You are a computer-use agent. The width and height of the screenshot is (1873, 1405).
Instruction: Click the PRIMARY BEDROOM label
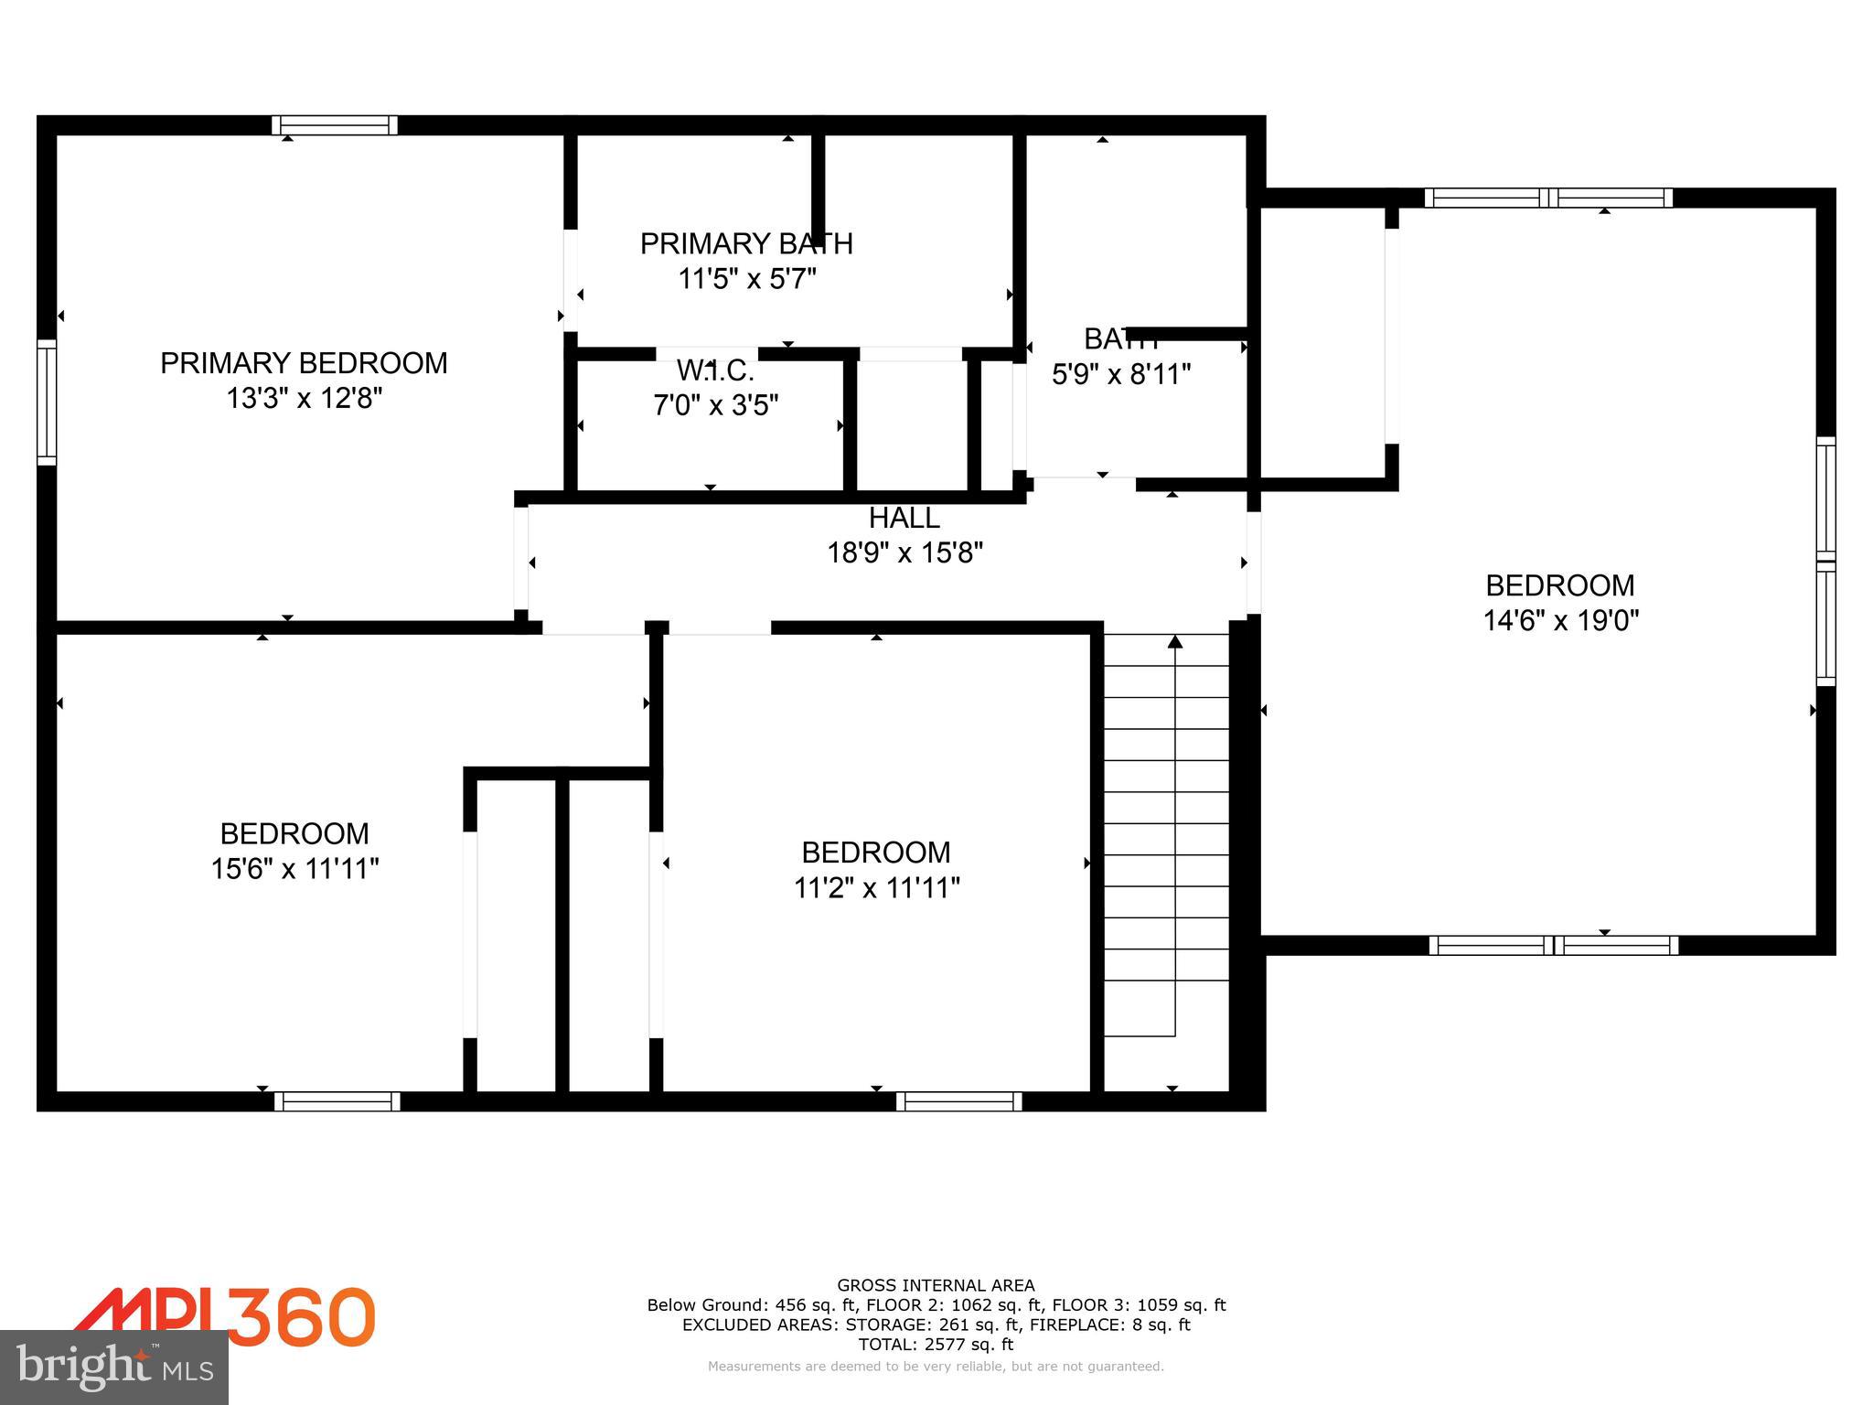(x=304, y=363)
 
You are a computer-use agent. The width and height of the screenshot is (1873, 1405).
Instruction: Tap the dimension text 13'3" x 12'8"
(x=304, y=399)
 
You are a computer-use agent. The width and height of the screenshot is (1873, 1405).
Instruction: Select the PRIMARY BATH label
(x=746, y=243)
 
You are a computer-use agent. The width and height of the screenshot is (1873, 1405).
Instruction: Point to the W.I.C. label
(x=715, y=370)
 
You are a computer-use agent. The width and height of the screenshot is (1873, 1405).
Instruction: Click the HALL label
(x=904, y=518)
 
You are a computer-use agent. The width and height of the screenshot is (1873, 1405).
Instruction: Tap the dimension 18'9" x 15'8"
(x=904, y=552)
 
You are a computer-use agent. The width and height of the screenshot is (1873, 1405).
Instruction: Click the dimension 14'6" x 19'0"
(x=1560, y=621)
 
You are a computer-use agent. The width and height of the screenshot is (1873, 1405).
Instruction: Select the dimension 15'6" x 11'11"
(x=294, y=868)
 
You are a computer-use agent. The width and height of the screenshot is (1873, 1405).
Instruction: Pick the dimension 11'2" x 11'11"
(x=876, y=887)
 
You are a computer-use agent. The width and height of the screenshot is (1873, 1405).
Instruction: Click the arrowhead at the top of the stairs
(x=1175, y=642)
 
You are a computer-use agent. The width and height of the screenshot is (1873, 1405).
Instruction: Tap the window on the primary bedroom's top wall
(x=335, y=125)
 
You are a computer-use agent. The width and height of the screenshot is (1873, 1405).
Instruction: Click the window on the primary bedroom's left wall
(x=47, y=402)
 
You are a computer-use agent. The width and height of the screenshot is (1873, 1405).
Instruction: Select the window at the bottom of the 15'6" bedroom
(x=337, y=1101)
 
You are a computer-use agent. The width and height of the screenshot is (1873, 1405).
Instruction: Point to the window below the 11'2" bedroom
(x=958, y=1101)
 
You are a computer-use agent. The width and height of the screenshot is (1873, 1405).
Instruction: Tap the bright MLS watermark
(x=114, y=1367)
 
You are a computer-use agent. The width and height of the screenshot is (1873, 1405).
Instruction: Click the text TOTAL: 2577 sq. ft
(x=936, y=1344)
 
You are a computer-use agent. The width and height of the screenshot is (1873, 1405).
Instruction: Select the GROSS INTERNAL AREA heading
(x=936, y=1285)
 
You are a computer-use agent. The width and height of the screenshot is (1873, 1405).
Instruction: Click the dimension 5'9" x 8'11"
(x=1121, y=374)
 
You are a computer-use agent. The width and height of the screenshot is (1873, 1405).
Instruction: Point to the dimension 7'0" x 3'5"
(x=715, y=404)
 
